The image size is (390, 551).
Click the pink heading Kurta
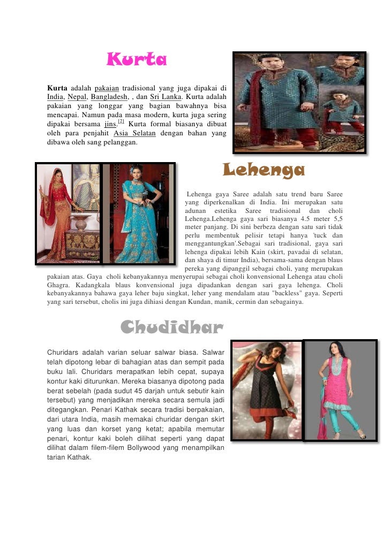(137, 60)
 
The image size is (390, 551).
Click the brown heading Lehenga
(264, 171)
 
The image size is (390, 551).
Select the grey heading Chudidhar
(171, 327)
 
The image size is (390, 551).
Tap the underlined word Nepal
(78, 97)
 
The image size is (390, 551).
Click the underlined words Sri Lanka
(165, 97)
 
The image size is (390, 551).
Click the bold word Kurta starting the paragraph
(57, 88)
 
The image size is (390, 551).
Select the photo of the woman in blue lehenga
(138, 213)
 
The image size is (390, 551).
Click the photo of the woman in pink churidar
(340, 391)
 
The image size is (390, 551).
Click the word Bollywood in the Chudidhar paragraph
(149, 448)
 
